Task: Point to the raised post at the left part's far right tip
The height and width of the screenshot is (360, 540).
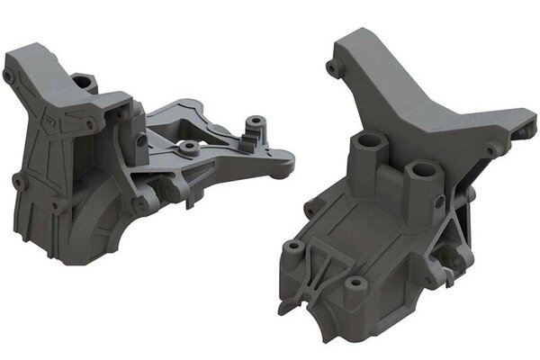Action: coord(258,119)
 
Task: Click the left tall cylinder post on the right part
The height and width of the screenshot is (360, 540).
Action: coord(369,142)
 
